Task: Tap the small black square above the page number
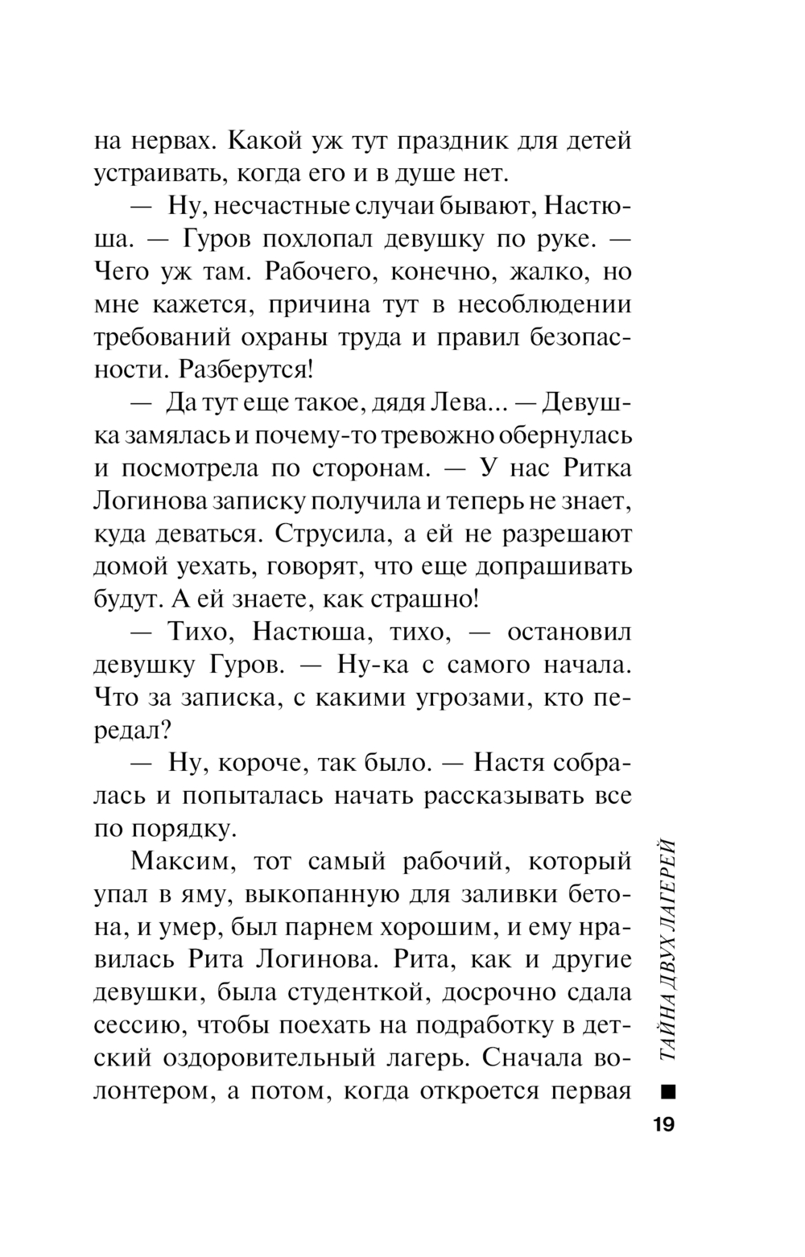[x=667, y=1092]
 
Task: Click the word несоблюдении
[x=544, y=305]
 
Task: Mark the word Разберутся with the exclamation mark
[x=246, y=370]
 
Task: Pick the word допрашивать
[x=554, y=567]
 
